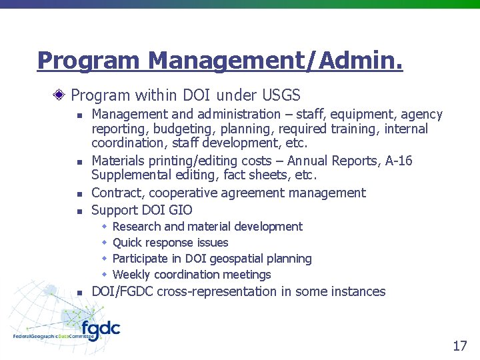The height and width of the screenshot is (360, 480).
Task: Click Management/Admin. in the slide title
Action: [x=275, y=61]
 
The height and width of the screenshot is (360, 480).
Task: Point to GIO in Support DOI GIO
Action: [x=181, y=210]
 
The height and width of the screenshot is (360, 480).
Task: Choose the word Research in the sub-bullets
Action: [x=137, y=227]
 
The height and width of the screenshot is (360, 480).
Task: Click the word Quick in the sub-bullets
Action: [x=127, y=243]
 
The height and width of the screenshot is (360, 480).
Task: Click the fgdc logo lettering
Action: [x=100, y=329]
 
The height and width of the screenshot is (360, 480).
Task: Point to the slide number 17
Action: [x=460, y=346]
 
